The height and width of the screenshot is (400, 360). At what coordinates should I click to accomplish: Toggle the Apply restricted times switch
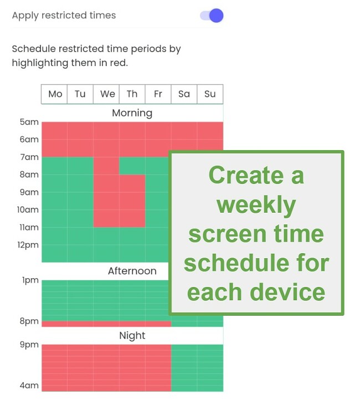(212, 16)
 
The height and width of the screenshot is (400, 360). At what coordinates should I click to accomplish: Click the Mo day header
(55, 94)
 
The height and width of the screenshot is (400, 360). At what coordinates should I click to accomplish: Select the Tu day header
(80, 94)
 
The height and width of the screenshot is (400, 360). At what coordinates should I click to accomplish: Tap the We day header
(107, 94)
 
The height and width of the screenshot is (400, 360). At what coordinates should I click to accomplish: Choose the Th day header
(132, 94)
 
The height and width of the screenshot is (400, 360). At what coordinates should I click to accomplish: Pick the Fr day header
(158, 94)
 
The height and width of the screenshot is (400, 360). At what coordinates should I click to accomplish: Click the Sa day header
(184, 94)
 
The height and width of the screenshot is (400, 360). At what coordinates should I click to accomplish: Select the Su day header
(210, 94)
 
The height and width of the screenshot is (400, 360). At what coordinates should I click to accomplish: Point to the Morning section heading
(132, 113)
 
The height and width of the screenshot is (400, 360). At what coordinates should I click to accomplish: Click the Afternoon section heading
(132, 271)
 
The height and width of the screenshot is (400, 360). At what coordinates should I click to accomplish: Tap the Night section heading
(132, 336)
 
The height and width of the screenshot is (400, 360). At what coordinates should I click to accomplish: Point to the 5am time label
(29, 122)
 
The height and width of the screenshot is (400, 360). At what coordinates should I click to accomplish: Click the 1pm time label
(30, 280)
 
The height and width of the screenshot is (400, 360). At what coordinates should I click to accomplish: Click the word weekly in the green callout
(256, 205)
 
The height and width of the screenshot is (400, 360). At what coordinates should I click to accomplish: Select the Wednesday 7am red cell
(106, 166)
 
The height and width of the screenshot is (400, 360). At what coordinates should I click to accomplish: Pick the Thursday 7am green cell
(132, 166)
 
